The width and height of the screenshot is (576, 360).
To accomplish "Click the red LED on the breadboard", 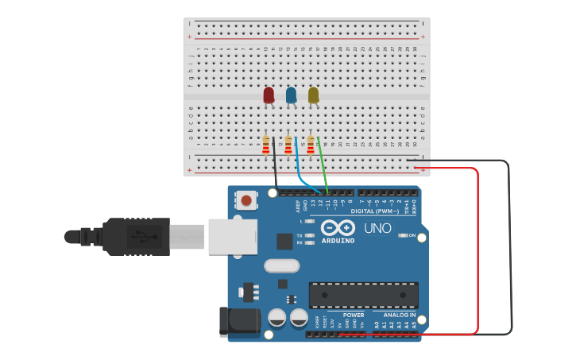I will pyautogui.click(x=269, y=95).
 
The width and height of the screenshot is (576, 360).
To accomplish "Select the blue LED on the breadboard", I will pyautogui.click(x=291, y=95).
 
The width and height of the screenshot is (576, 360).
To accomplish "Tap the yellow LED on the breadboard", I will pyautogui.click(x=313, y=95).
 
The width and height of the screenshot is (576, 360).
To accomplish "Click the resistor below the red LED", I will pyautogui.click(x=266, y=145).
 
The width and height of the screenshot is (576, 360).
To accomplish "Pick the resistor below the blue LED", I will pyautogui.click(x=288, y=145).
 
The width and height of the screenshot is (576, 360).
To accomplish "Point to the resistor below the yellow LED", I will pyautogui.click(x=311, y=145).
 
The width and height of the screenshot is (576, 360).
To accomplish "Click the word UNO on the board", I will pyautogui.click(x=377, y=228).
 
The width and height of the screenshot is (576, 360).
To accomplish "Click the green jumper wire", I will pyautogui.click(x=323, y=167).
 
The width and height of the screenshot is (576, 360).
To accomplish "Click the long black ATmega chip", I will pyautogui.click(x=363, y=295).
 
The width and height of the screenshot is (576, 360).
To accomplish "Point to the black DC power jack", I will pyautogui.click(x=238, y=319).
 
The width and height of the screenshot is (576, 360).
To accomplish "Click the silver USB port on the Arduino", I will pyautogui.click(x=232, y=237).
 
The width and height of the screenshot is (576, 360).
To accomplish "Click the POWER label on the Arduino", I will pyautogui.click(x=354, y=315).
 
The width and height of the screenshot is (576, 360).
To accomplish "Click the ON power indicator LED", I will pyautogui.click(x=404, y=235).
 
